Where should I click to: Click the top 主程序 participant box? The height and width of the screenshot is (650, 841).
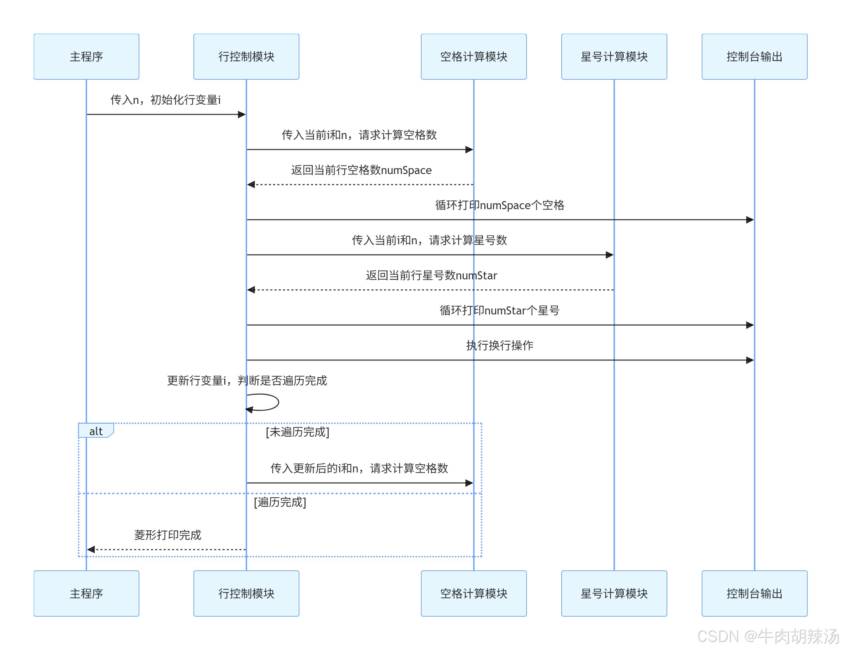86,57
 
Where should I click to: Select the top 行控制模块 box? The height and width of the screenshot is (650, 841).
246,57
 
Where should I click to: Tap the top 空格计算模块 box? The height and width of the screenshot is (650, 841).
474,57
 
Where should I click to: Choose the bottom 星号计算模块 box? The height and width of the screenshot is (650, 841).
614,593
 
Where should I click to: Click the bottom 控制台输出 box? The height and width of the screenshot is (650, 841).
754,593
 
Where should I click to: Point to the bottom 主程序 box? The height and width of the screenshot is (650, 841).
86,593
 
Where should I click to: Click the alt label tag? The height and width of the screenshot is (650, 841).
95,431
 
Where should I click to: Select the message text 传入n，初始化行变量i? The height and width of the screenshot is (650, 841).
166,100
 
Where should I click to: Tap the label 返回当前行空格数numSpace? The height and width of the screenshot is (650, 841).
361,170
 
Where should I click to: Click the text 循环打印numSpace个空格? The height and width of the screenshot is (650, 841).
499,205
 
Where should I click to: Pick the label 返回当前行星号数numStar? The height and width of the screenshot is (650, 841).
431,275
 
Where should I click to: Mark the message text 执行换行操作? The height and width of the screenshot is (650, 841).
499,345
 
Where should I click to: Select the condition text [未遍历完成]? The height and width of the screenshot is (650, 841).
297,432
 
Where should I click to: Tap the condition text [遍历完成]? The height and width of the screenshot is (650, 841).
280,502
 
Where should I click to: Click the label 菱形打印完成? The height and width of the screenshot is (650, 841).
167,535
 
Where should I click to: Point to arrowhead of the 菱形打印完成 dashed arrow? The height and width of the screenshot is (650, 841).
91,550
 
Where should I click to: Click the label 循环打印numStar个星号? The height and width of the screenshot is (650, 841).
499,310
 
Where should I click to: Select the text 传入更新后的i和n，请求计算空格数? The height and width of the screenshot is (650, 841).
359,468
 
